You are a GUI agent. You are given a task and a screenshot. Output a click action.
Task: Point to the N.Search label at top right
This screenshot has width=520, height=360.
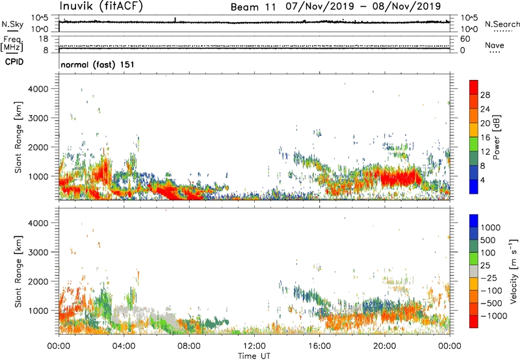pyautogui.click(x=502, y=24)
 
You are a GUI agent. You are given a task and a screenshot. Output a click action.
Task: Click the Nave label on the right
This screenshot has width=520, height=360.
pyautogui.click(x=495, y=45)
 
